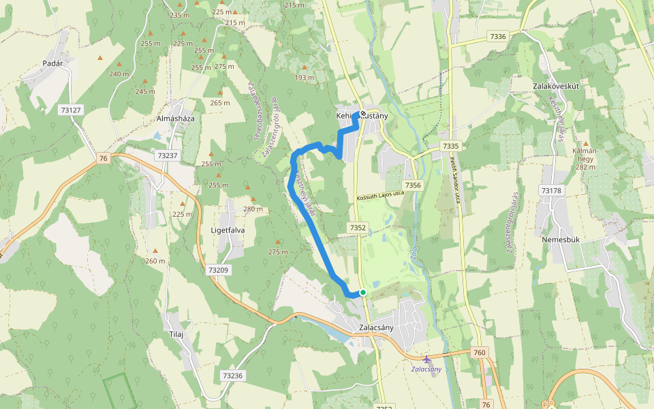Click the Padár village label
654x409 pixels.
[52, 63]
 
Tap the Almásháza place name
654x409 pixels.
[176, 119]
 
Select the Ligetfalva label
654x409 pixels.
[228, 230]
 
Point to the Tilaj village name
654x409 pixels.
[176, 334]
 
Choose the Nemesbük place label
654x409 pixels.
[560, 240]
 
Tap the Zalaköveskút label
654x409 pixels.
[556, 87]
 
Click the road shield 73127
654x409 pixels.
[70, 109]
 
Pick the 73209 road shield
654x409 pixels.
[218, 270]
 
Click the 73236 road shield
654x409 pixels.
[232, 375]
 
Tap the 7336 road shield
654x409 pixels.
[498, 36]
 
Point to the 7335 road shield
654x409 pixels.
[450, 146]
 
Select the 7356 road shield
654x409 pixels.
[413, 185]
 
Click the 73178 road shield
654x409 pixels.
[550, 190]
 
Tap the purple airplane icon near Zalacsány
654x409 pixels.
[427, 359]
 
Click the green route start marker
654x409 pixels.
[363, 292]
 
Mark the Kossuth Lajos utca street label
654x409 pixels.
[380, 196]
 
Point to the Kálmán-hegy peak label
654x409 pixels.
[585, 158]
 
